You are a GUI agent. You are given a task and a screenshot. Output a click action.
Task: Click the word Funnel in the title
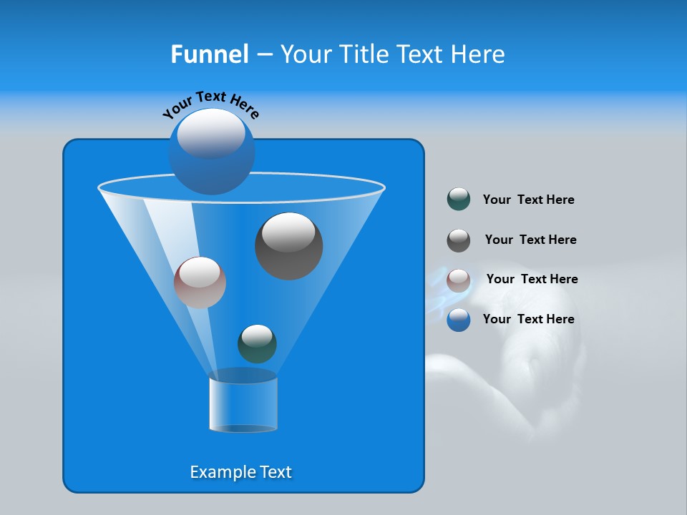[209, 54]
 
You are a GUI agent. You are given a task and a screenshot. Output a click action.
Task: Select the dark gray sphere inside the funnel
[288, 246]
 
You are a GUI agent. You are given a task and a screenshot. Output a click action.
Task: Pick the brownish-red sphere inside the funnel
[200, 283]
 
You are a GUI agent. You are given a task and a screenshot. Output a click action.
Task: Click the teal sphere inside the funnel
[257, 343]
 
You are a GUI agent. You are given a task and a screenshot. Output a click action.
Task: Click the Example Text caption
[240, 472]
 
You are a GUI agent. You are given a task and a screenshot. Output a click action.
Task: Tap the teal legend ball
[459, 199]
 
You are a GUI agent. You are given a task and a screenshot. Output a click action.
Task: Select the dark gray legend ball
[459, 240]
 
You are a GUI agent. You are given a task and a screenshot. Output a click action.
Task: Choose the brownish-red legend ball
[459, 280]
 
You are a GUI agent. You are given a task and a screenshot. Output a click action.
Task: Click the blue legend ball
[459, 320]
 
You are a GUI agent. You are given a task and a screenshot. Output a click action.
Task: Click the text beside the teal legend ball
[528, 200]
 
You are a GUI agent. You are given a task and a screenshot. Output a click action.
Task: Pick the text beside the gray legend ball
[530, 240]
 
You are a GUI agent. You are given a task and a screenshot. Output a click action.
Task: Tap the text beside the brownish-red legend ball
[532, 280]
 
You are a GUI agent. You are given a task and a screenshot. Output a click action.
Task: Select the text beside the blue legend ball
[528, 319]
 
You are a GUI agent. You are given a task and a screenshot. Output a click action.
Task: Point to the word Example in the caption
[216, 472]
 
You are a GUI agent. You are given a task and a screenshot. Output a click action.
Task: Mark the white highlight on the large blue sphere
[211, 133]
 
